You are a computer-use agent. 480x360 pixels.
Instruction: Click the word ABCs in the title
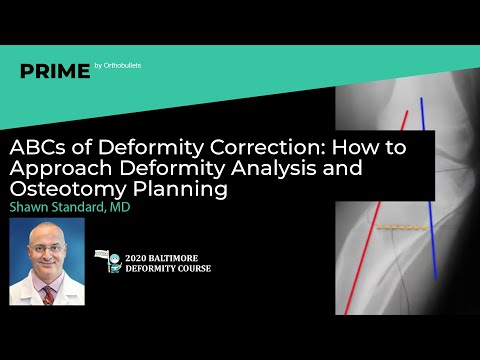[35, 145]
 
